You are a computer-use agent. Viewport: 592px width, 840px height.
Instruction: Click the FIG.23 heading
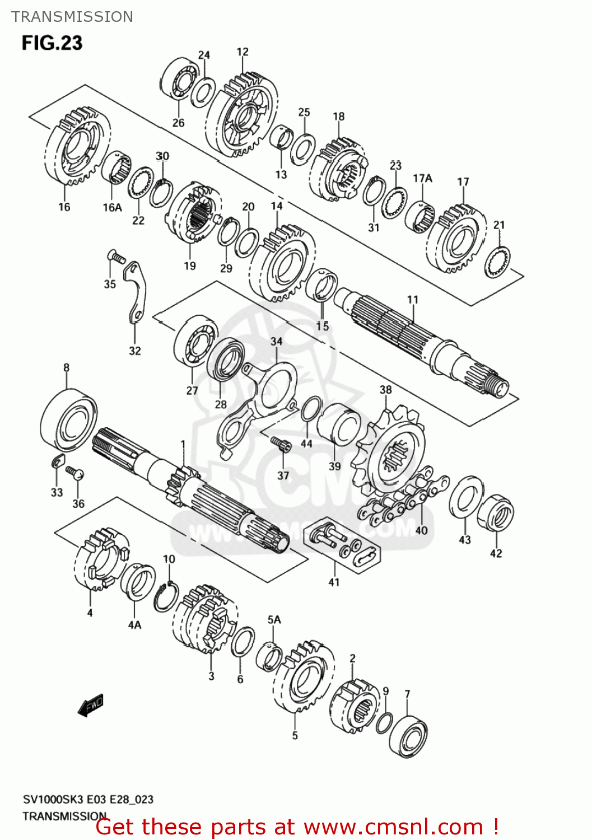click(52, 43)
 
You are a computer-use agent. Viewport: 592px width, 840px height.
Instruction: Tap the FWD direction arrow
click(91, 705)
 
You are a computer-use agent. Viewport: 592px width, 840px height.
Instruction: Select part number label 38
click(386, 390)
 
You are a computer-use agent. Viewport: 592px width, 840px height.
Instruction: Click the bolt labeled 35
click(116, 257)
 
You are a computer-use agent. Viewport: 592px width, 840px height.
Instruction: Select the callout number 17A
click(422, 178)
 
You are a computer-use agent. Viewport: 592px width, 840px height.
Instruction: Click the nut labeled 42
click(496, 512)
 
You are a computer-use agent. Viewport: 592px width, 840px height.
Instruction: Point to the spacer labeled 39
click(339, 428)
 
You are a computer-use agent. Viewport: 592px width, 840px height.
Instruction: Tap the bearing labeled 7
click(408, 735)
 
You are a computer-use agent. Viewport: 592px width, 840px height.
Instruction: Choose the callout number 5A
click(274, 619)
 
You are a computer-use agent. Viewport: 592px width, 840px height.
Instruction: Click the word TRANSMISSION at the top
click(72, 17)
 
